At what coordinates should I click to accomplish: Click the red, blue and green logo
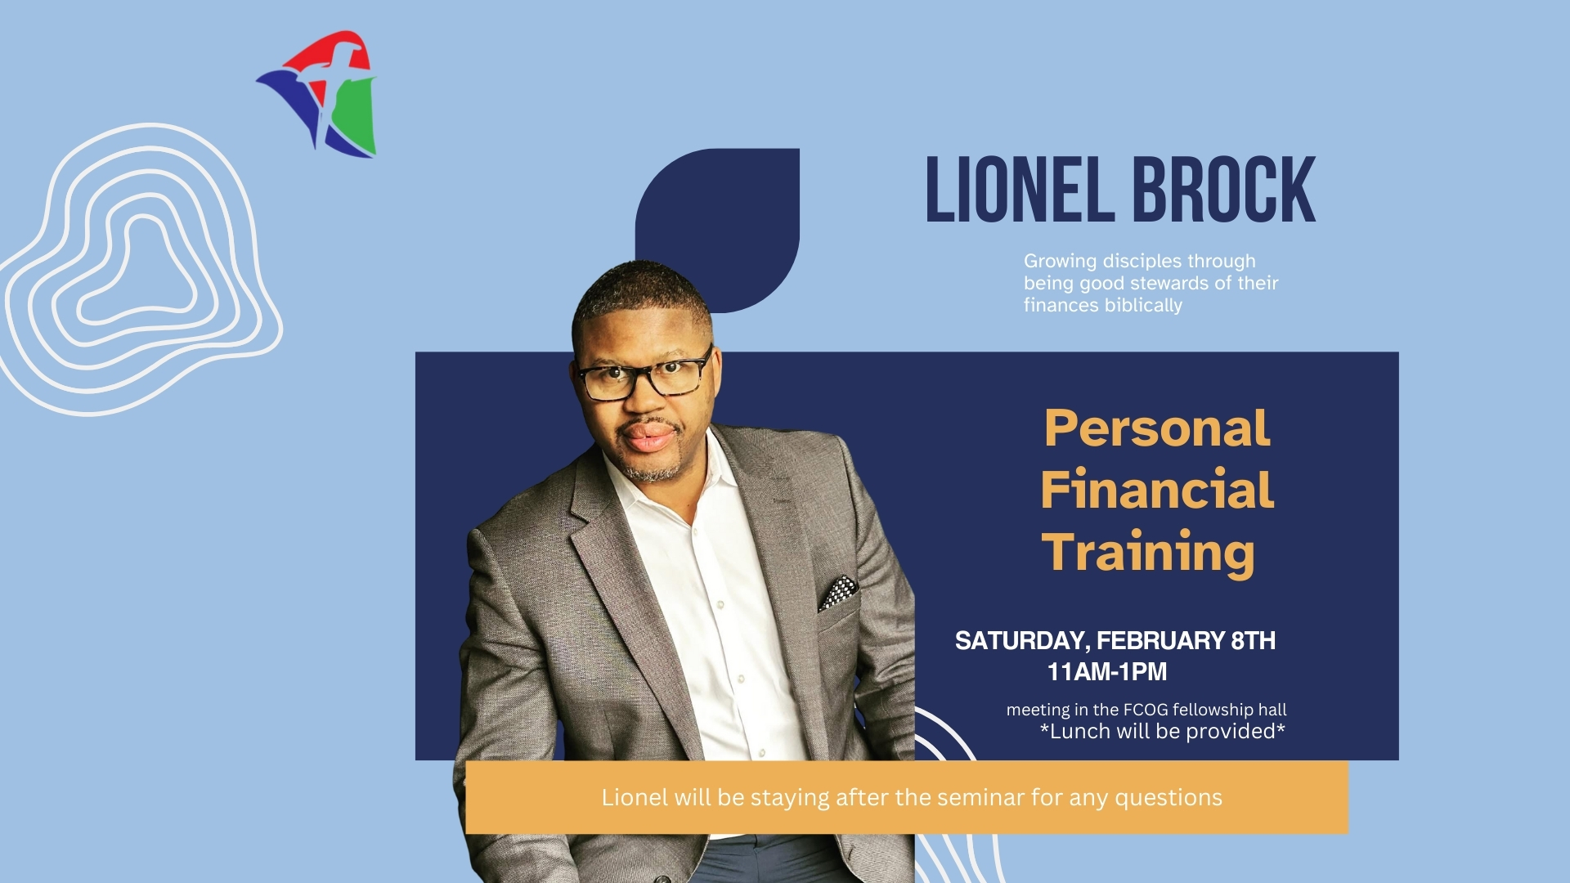pyautogui.click(x=317, y=94)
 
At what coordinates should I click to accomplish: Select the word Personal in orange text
pyautogui.click(x=1157, y=428)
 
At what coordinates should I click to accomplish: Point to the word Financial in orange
pyautogui.click(x=1157, y=490)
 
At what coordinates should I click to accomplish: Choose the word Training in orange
pyautogui.click(x=1148, y=553)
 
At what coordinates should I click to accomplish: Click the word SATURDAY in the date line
pyautogui.click(x=1022, y=641)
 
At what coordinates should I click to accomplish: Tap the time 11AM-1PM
pyautogui.click(x=1107, y=672)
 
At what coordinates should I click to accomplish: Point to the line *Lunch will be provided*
pyautogui.click(x=1162, y=731)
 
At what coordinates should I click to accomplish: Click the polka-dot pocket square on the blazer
pyautogui.click(x=838, y=593)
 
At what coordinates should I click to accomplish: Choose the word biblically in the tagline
pyautogui.click(x=1143, y=306)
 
